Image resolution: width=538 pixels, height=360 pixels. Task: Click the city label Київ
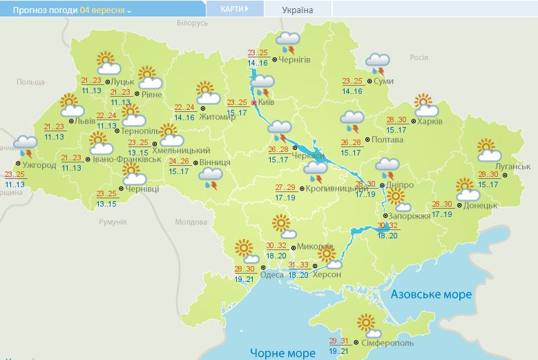[267, 102]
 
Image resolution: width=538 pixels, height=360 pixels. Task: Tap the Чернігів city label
[296, 59]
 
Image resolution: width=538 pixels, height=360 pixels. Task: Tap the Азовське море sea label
[432, 294]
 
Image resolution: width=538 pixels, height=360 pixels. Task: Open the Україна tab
[298, 10]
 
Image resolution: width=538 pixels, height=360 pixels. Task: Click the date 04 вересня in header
[103, 10]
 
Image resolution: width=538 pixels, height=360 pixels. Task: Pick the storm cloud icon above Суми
[377, 64]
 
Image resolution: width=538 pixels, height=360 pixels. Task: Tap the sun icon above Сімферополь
[366, 323]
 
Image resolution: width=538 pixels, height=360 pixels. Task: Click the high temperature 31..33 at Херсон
[299, 265]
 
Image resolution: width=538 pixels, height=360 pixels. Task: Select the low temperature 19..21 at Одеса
[244, 278]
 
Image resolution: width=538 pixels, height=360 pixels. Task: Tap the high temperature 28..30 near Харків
[396, 120]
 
